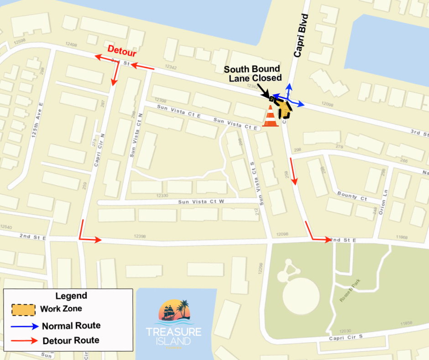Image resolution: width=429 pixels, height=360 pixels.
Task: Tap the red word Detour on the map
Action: click(x=121, y=49)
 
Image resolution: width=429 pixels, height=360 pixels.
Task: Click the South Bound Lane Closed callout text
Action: click(x=252, y=74)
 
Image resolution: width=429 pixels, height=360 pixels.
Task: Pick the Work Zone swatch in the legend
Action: click(x=23, y=309)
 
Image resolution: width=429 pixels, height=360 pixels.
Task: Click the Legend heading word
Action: click(x=71, y=296)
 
